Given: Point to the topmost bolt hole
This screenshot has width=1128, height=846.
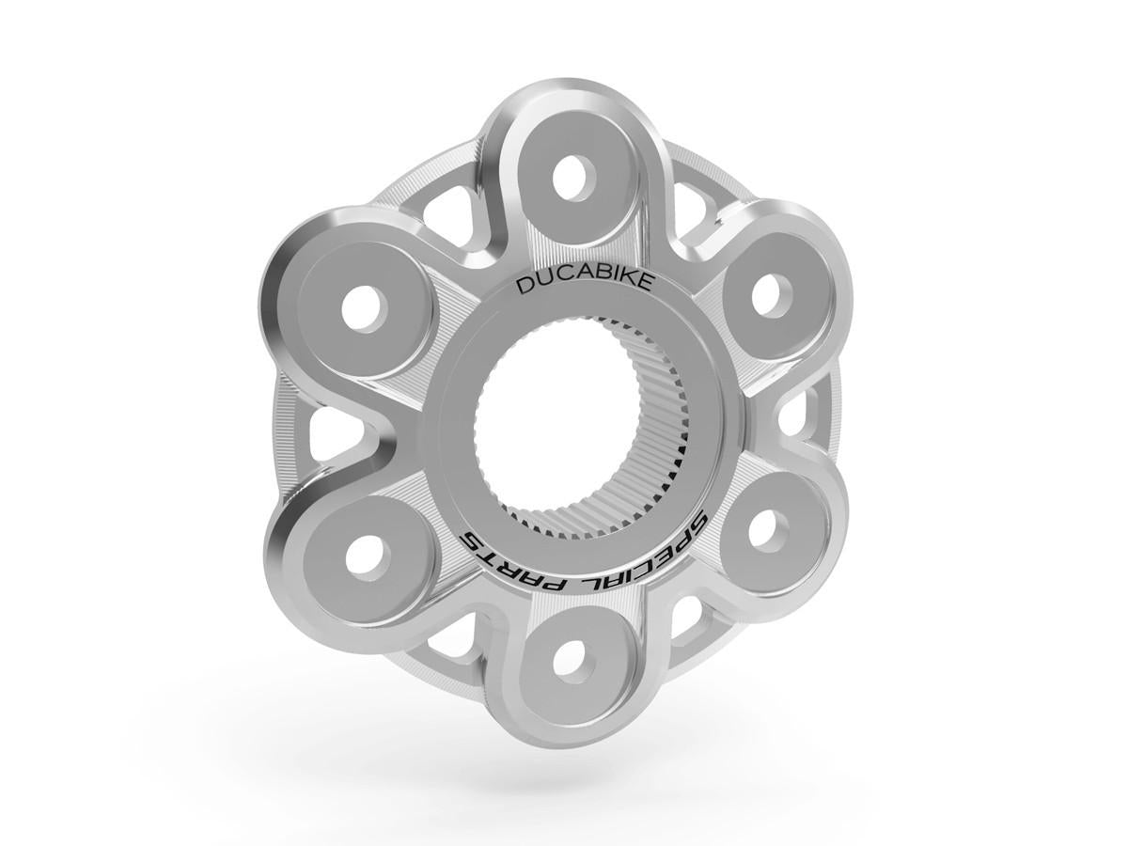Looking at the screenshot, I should [x=569, y=176].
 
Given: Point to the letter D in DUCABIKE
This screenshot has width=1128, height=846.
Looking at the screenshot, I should [x=523, y=287].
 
